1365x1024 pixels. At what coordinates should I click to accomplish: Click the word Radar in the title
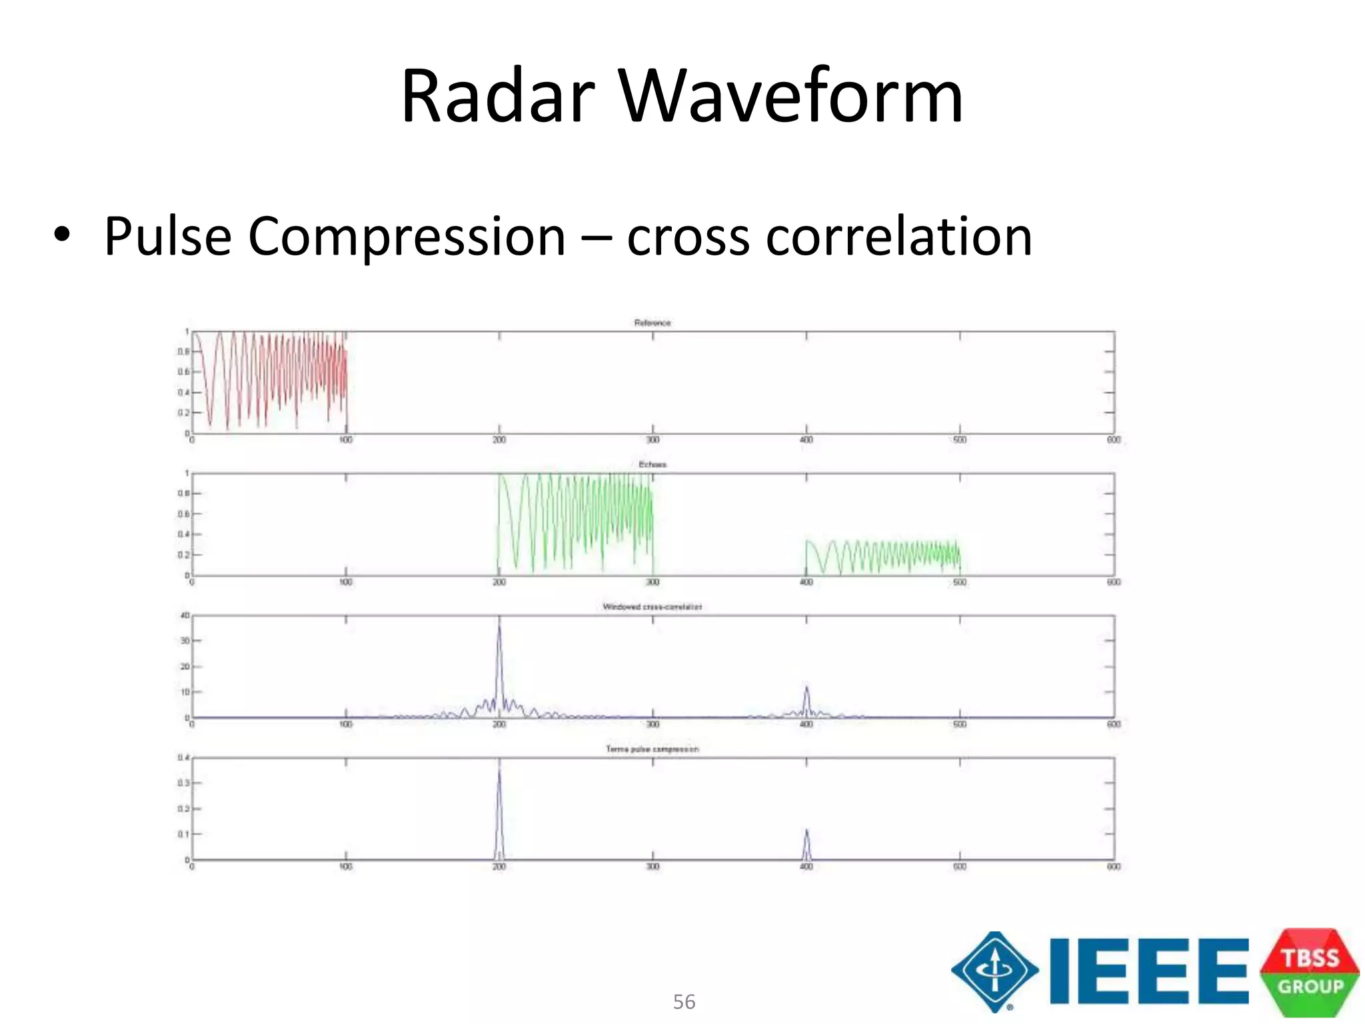click(x=497, y=96)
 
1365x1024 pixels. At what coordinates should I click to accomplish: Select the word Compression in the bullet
click(x=407, y=237)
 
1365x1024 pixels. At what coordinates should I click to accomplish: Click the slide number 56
click(x=684, y=1002)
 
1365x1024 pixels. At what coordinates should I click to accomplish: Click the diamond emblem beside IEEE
click(x=994, y=971)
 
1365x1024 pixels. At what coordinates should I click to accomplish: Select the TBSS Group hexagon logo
click(x=1310, y=972)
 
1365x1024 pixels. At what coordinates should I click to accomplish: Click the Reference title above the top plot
click(x=653, y=323)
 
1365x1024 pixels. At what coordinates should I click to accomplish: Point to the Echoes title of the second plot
click(x=653, y=465)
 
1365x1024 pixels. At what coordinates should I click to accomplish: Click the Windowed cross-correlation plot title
click(x=653, y=607)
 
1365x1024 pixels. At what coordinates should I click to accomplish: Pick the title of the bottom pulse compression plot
click(x=653, y=749)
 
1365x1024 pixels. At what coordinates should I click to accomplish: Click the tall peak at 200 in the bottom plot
click(x=499, y=773)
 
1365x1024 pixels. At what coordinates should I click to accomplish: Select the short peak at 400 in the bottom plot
click(x=806, y=833)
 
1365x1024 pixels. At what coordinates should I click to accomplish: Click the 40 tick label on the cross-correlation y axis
click(x=185, y=615)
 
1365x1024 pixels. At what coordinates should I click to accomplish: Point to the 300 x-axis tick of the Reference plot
click(x=653, y=440)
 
